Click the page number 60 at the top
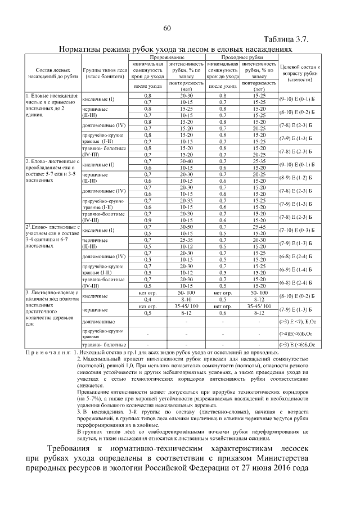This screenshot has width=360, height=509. click(167, 29)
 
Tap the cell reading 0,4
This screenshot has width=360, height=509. click(148, 300)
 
